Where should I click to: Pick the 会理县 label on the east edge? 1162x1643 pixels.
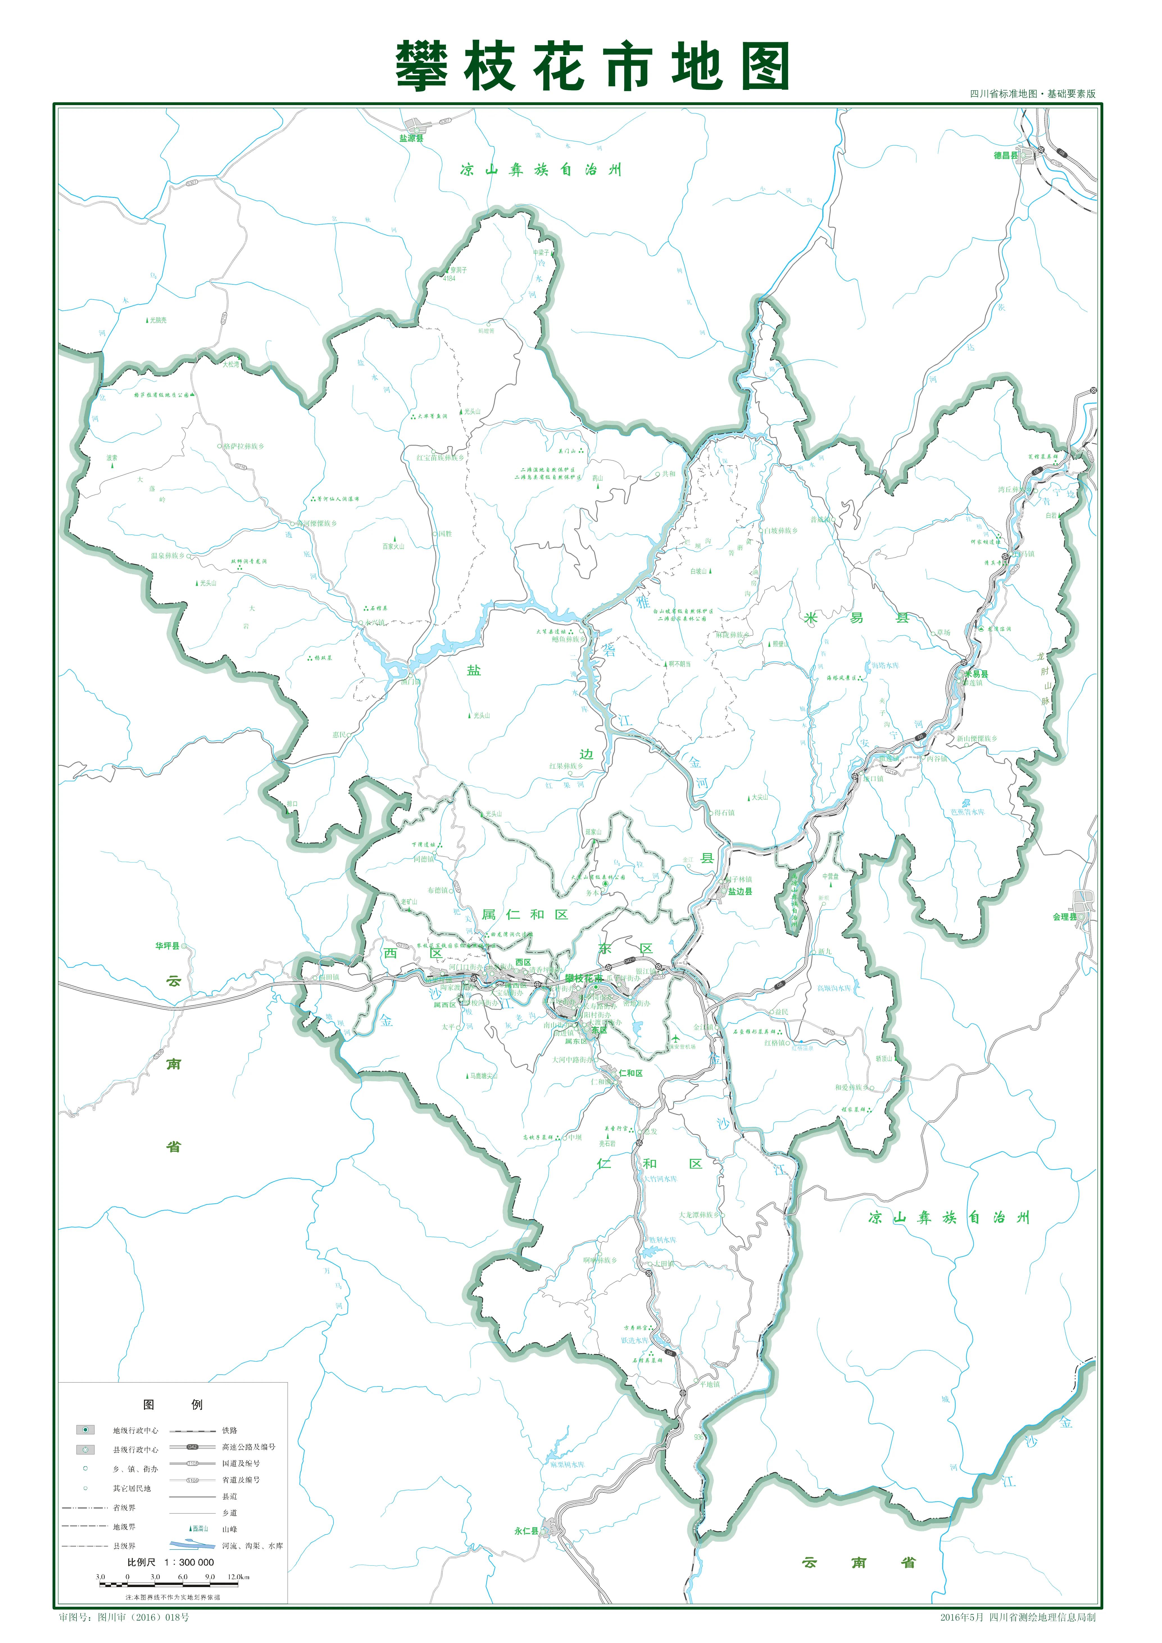pos(1064,917)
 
